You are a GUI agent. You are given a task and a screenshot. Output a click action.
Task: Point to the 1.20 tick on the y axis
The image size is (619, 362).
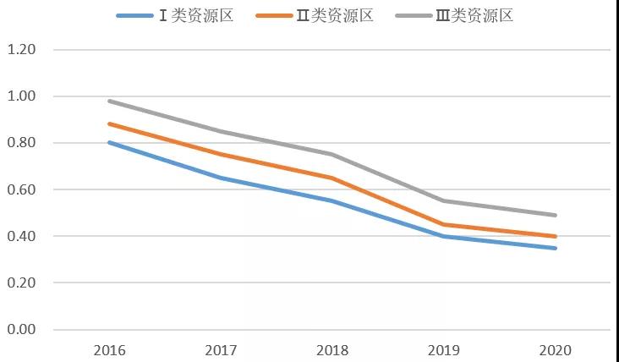click(21, 50)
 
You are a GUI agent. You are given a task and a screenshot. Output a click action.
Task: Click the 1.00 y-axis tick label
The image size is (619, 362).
click(21, 96)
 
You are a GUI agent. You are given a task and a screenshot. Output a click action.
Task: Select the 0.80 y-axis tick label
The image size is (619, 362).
click(21, 143)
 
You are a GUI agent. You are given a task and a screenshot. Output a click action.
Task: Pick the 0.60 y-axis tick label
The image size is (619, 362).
click(21, 189)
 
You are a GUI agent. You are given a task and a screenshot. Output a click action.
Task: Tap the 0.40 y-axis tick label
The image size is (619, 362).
click(21, 236)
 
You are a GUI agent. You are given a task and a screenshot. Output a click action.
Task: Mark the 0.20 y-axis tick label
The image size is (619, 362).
click(21, 282)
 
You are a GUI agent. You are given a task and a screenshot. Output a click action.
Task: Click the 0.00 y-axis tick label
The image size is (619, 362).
click(21, 329)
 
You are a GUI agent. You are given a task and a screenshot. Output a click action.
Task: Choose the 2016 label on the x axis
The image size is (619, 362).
click(110, 349)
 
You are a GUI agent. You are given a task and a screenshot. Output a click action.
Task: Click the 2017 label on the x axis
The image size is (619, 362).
click(222, 349)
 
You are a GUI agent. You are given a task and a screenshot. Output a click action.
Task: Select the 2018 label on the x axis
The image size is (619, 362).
click(333, 349)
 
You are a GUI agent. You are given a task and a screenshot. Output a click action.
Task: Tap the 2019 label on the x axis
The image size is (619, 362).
click(444, 349)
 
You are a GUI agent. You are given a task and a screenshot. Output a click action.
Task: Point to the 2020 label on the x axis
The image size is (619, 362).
click(555, 349)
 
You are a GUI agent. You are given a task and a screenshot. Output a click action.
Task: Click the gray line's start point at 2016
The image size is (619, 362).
click(110, 101)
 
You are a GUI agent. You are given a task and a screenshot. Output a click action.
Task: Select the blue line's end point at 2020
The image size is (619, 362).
click(555, 248)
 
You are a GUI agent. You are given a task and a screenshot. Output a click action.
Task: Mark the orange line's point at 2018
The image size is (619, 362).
click(333, 178)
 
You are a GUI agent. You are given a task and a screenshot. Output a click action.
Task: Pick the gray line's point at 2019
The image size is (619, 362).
click(444, 200)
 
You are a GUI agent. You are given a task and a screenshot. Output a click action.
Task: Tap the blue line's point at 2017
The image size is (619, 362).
click(222, 178)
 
